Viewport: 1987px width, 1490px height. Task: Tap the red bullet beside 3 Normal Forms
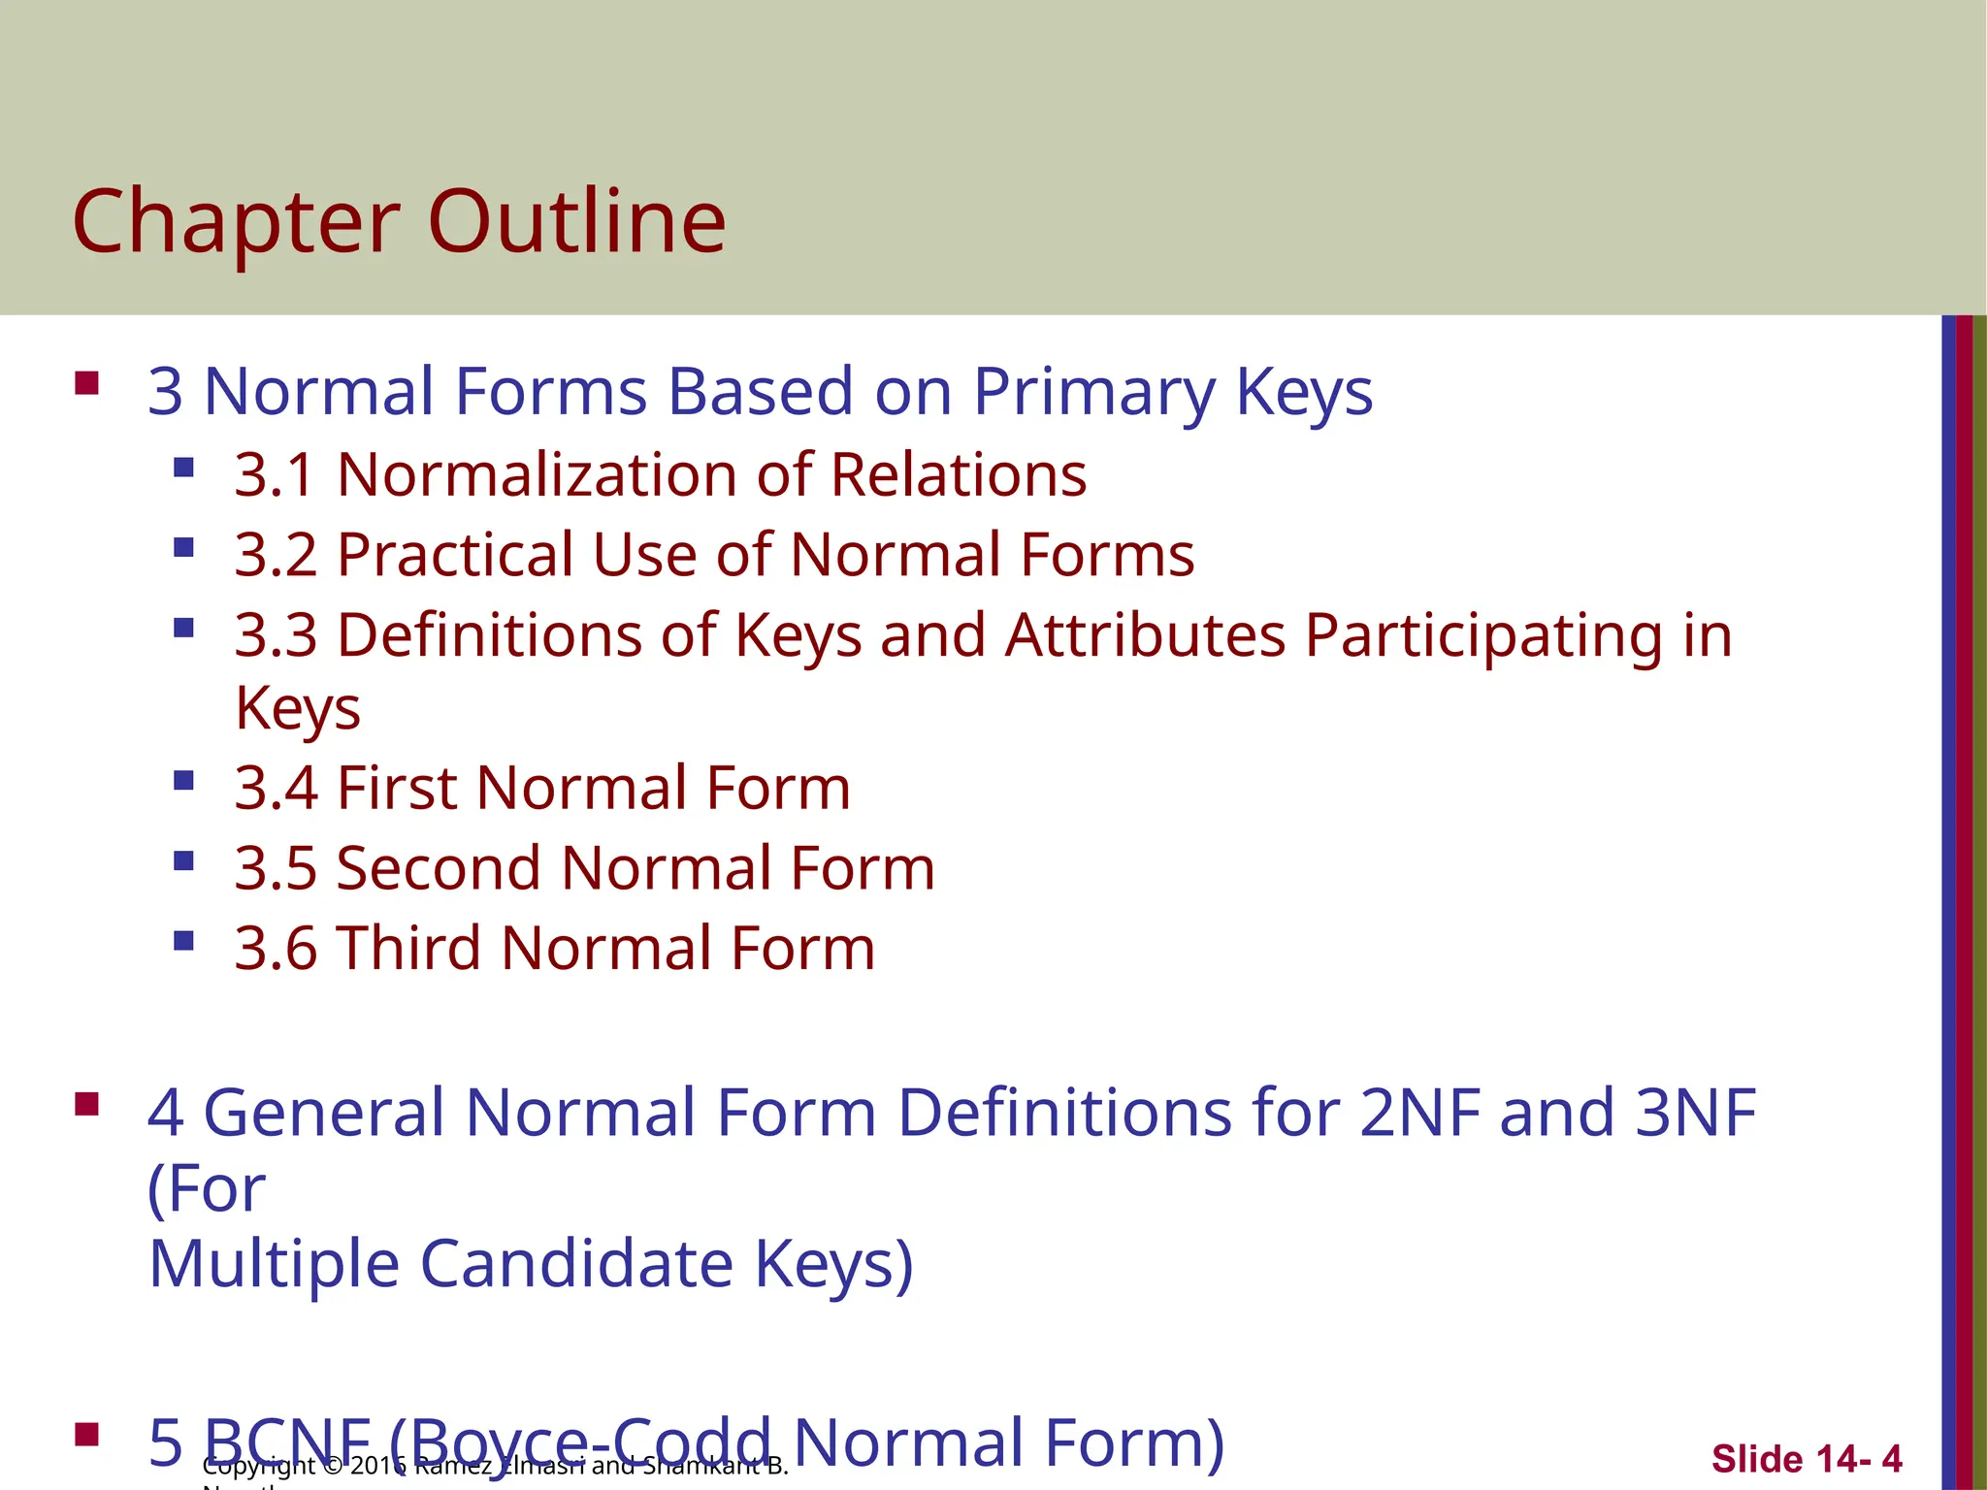point(87,383)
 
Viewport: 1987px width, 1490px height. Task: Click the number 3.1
point(276,475)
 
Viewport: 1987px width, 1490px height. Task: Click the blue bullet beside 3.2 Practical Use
point(183,548)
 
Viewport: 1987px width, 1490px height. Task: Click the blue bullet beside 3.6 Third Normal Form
point(183,941)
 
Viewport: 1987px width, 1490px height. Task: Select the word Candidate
point(576,1264)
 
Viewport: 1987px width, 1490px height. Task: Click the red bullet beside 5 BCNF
point(87,1435)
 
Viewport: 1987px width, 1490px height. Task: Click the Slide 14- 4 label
point(1806,1459)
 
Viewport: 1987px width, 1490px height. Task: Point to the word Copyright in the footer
point(258,1466)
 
